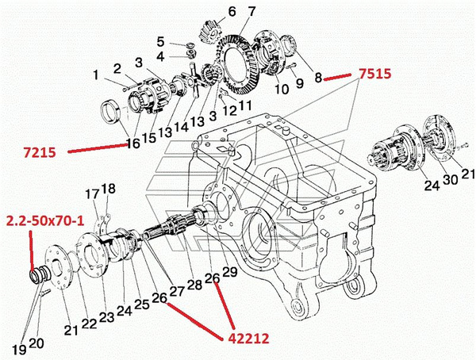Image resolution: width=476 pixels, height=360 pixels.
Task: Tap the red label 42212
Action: pyautogui.click(x=244, y=338)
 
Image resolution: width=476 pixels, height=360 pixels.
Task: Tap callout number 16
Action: pyautogui.click(x=133, y=144)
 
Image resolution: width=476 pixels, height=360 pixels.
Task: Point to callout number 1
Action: pyautogui.click(x=96, y=75)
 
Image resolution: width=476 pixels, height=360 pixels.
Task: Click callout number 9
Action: pyautogui.click(x=300, y=82)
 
